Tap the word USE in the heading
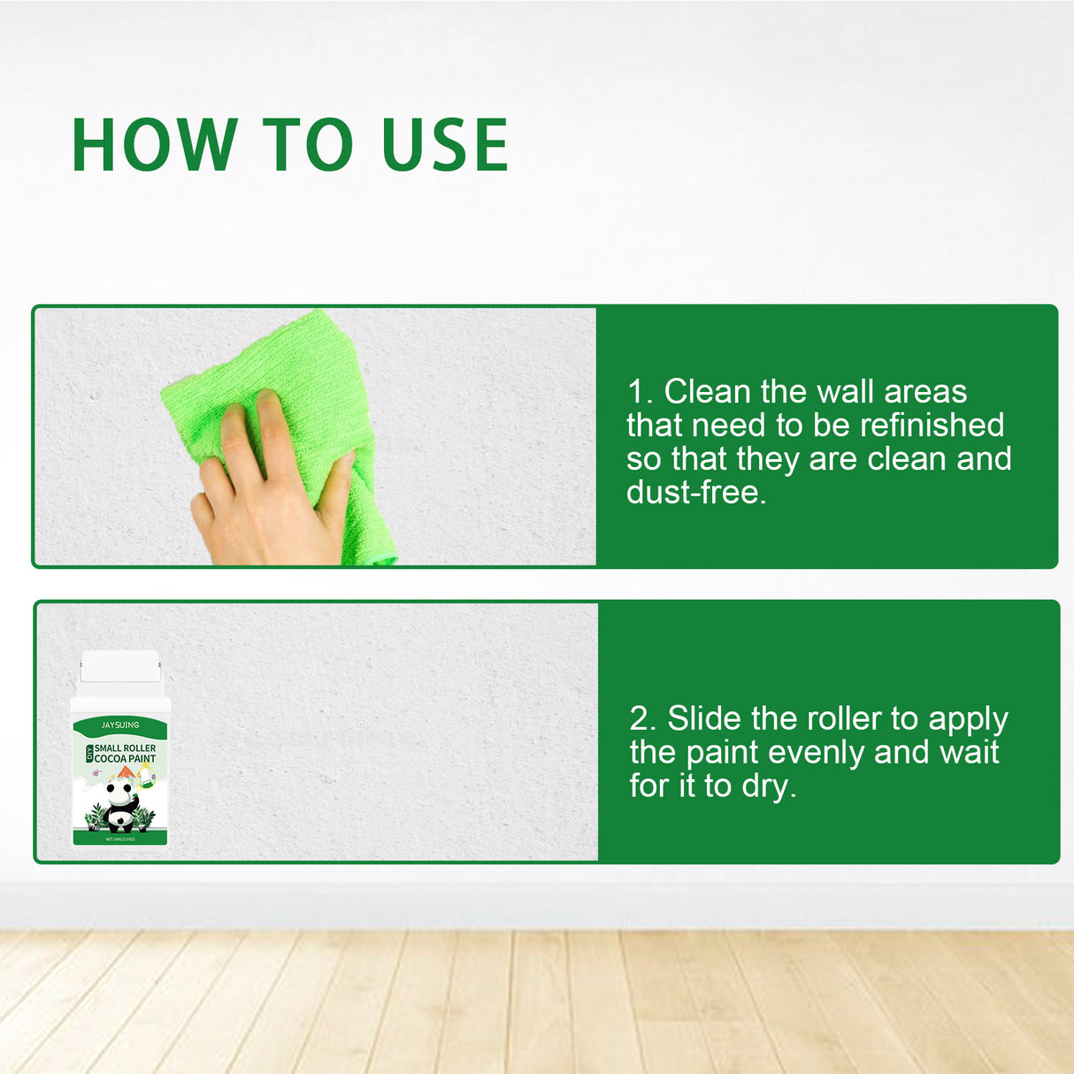pyautogui.click(x=445, y=144)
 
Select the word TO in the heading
pyautogui.click(x=307, y=144)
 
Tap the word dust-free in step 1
pyautogui.click(x=696, y=493)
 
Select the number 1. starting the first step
pyautogui.click(x=640, y=392)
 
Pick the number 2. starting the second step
pyautogui.click(x=643, y=719)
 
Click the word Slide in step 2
pyautogui.click(x=704, y=719)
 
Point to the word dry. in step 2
pyautogui.click(x=769, y=786)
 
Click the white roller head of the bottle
pyautogui.click(x=120, y=666)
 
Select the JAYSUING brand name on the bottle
pyautogui.click(x=120, y=725)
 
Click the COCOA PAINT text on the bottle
pyautogui.click(x=125, y=759)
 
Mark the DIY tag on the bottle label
pyautogui.click(x=89, y=754)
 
